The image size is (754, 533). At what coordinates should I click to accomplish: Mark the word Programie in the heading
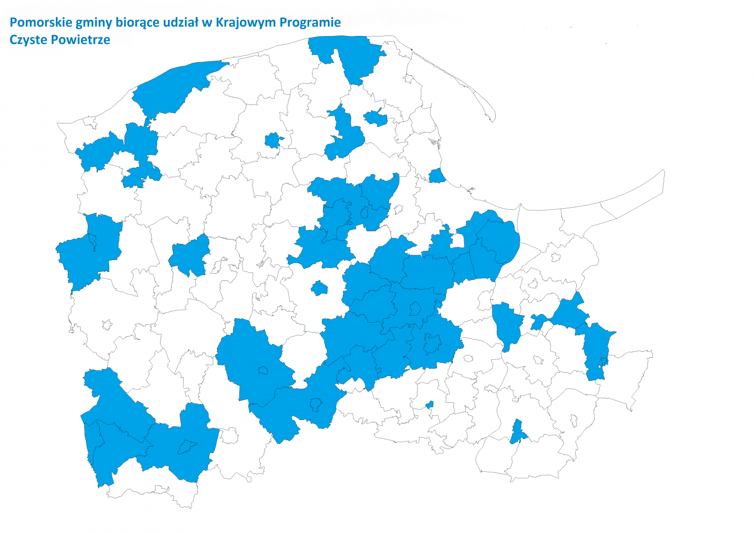click(310, 23)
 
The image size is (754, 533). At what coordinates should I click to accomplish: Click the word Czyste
click(29, 40)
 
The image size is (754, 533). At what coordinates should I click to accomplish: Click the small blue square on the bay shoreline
click(437, 176)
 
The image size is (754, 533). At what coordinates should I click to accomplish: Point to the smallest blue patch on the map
click(430, 405)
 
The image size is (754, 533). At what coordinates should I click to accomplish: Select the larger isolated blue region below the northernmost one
click(344, 136)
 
